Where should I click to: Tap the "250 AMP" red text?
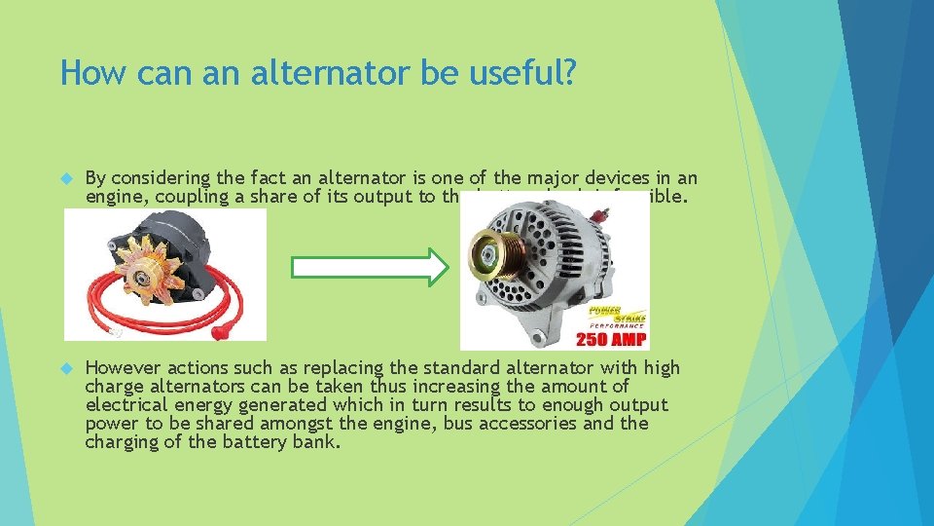coord(613,339)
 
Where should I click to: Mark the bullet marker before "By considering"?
coord(66,179)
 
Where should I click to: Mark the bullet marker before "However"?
coord(66,369)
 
